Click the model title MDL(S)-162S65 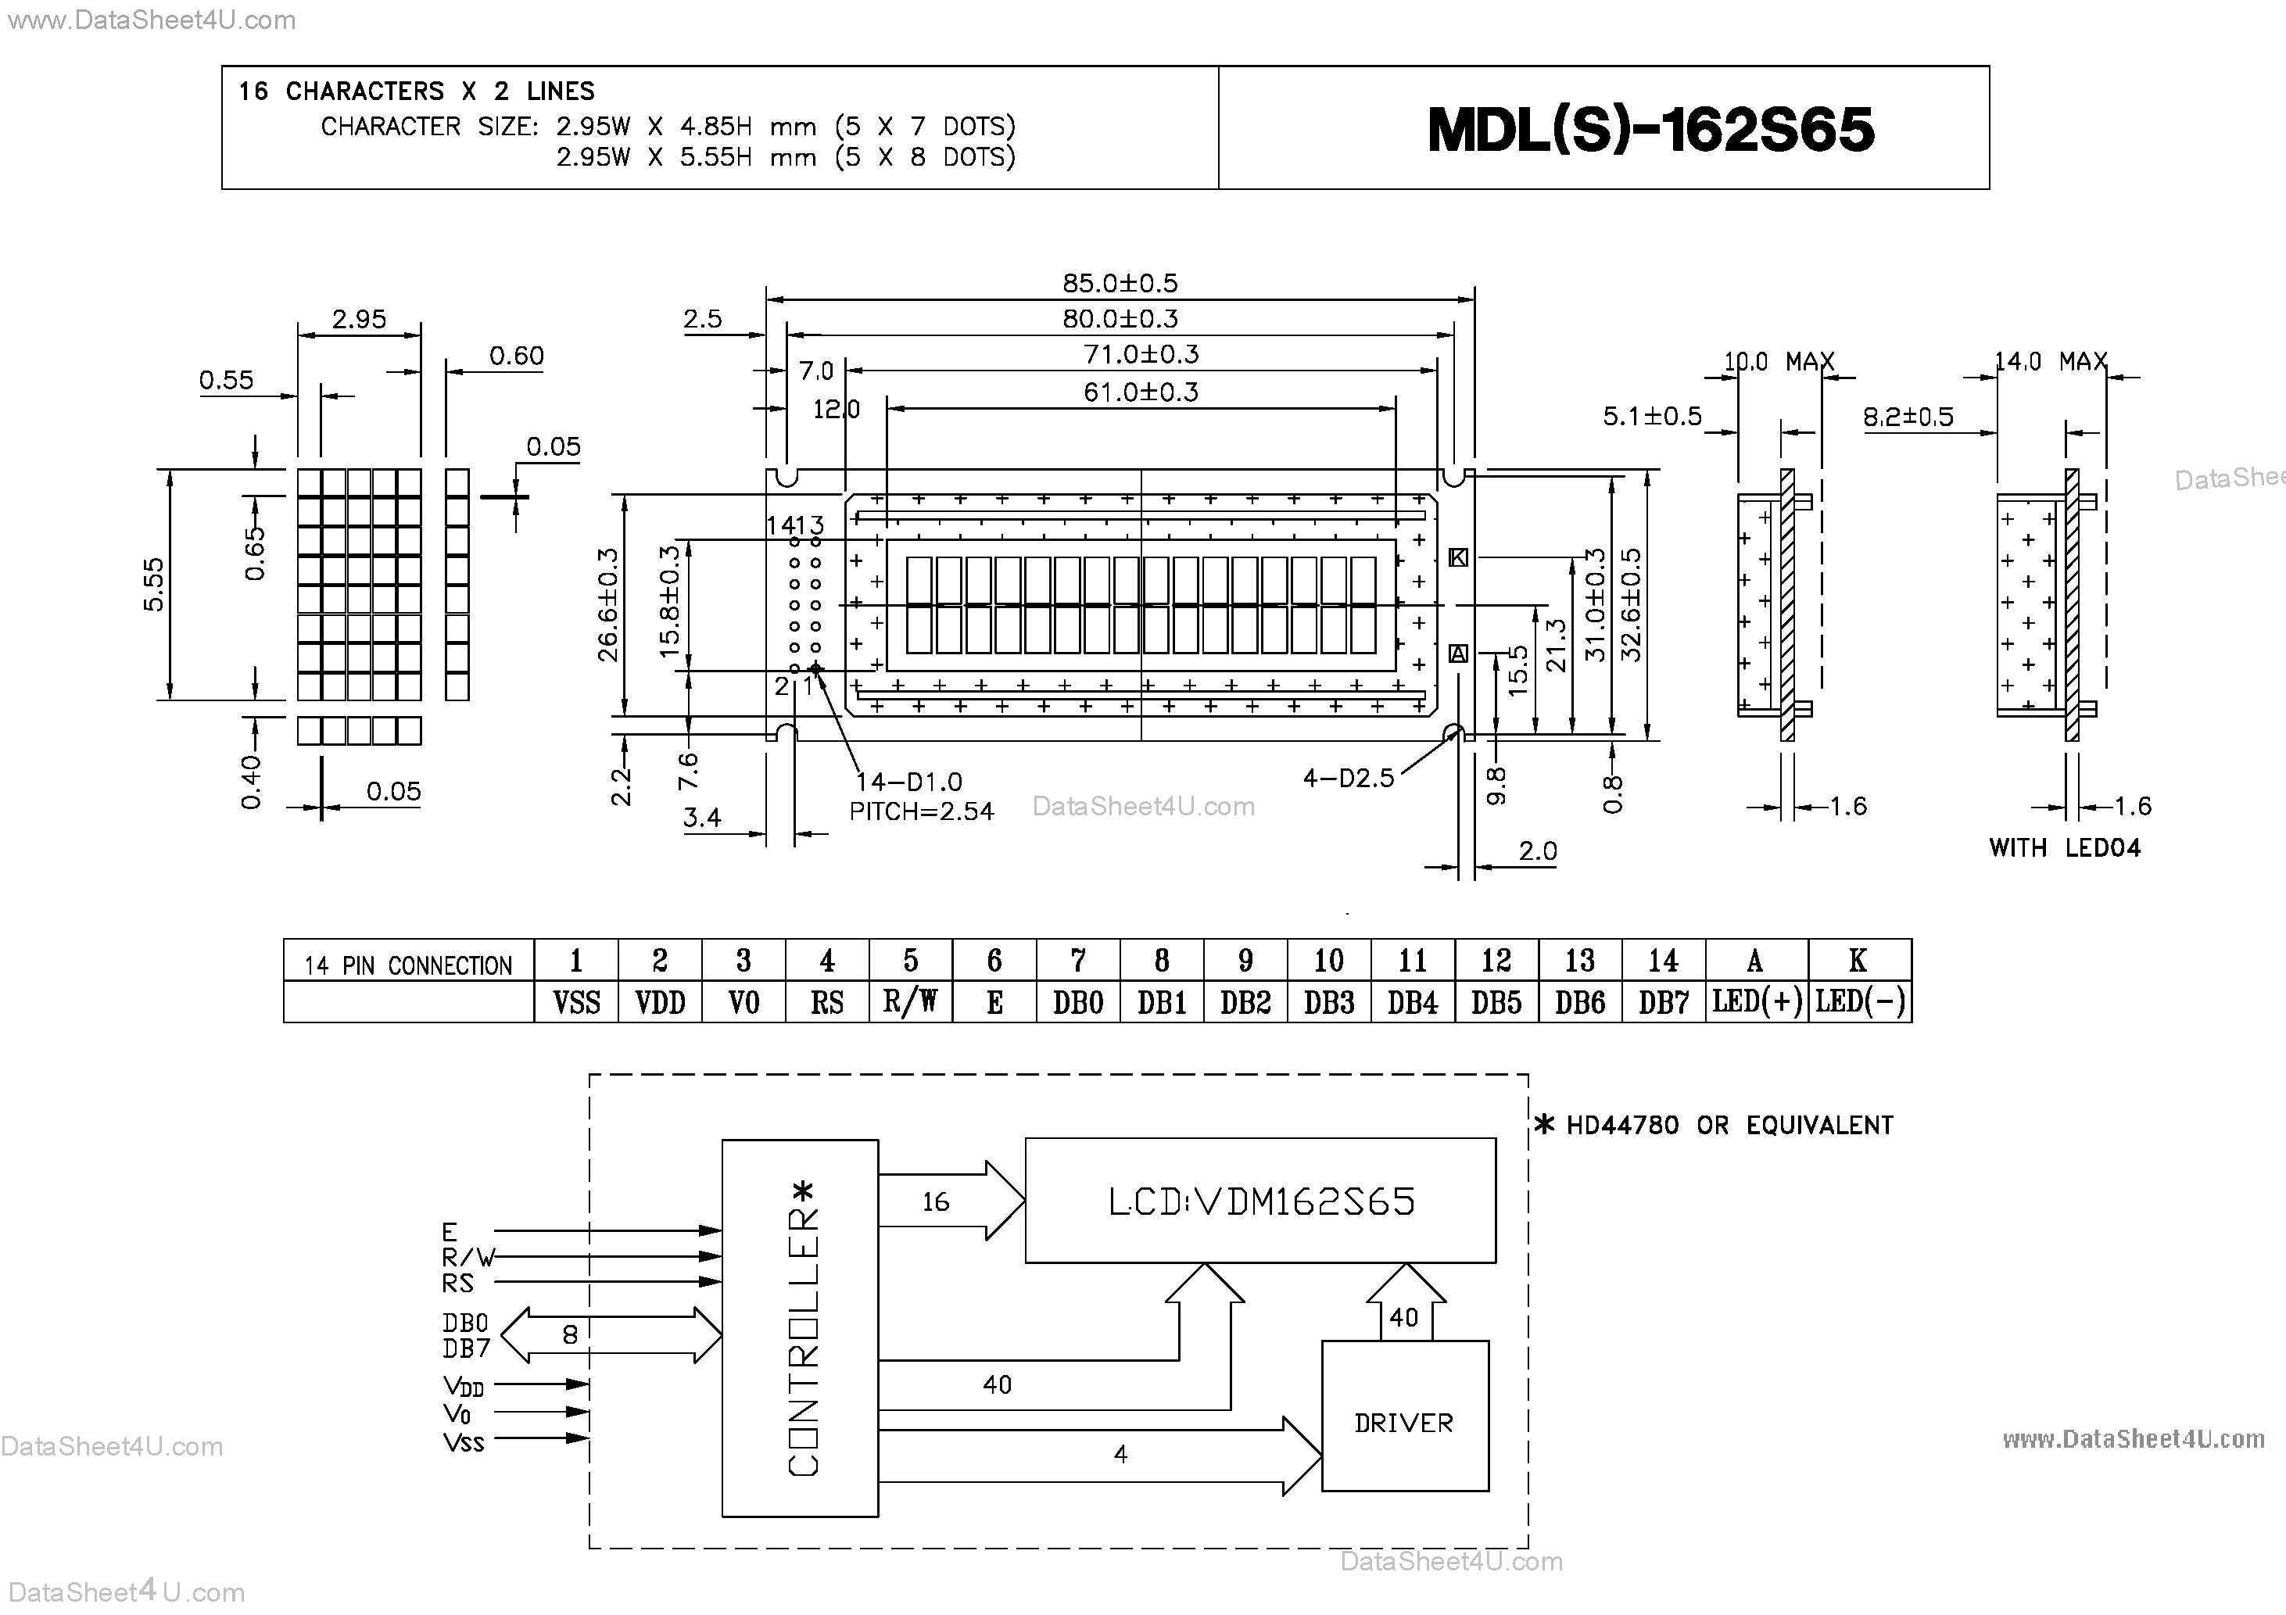pyautogui.click(x=1650, y=130)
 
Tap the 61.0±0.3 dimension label pyautogui.click(x=1140, y=392)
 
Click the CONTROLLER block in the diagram pyautogui.click(x=800, y=1327)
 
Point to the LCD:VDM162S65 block pyautogui.click(x=1259, y=1201)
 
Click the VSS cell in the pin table pyautogui.click(x=576, y=1001)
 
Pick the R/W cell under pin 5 pyautogui.click(x=910, y=1001)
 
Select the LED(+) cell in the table pyautogui.click(x=1756, y=1001)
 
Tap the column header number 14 pyautogui.click(x=1663, y=961)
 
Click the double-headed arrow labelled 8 pyautogui.click(x=609, y=1334)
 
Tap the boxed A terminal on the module pyautogui.click(x=1457, y=654)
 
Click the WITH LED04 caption pyautogui.click(x=2064, y=848)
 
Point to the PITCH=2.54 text pyautogui.click(x=921, y=811)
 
